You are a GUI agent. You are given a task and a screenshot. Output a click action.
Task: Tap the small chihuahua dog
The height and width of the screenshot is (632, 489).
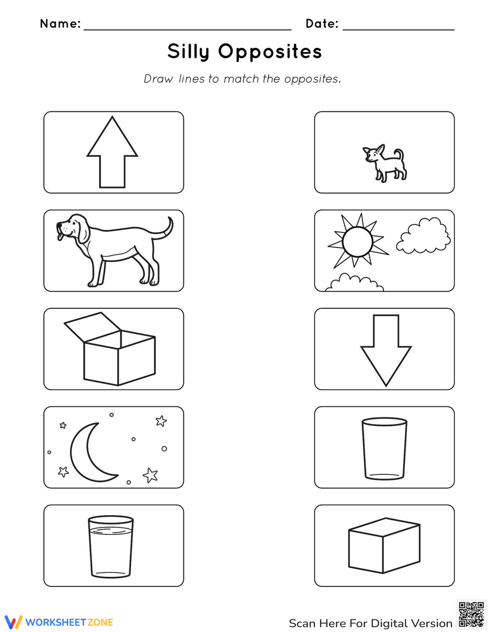(x=385, y=163)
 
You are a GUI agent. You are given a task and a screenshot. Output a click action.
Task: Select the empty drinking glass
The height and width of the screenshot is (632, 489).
(x=384, y=448)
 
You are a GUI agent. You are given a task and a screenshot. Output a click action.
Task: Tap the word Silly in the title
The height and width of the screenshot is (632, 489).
(x=188, y=52)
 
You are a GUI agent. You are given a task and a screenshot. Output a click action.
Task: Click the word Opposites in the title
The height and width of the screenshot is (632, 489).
(x=270, y=52)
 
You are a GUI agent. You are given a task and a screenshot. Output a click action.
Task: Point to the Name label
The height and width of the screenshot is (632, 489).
(x=60, y=23)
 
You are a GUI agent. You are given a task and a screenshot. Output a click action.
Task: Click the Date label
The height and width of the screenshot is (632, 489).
(x=322, y=23)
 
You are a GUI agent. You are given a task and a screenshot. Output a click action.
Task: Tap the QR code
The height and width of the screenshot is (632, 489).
(x=471, y=614)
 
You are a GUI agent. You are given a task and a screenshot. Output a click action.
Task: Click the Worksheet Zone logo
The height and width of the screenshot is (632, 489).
(x=59, y=622)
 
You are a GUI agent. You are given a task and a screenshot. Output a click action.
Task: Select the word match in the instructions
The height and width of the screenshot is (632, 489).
(x=241, y=79)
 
